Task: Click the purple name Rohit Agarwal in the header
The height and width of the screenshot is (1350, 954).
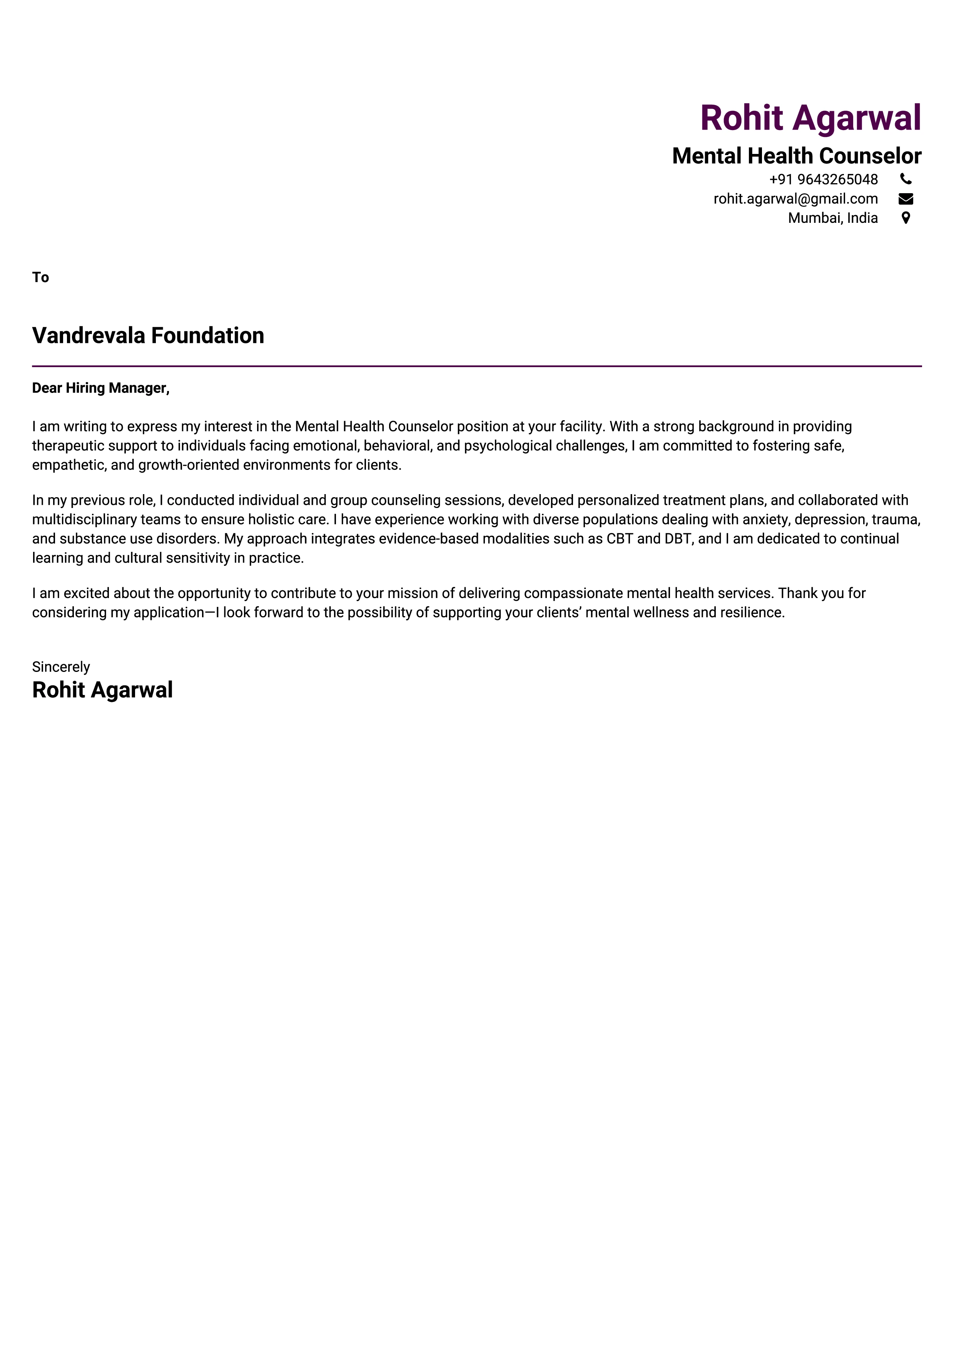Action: pyautogui.click(x=810, y=118)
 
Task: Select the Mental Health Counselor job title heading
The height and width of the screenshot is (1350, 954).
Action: pyautogui.click(x=797, y=156)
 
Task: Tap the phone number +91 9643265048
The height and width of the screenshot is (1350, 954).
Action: pyautogui.click(x=823, y=179)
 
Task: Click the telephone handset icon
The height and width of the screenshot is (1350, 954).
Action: pyautogui.click(x=906, y=179)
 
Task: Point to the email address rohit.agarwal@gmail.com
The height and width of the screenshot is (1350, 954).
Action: pyautogui.click(x=795, y=199)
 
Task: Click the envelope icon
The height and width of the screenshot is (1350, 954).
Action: pyautogui.click(x=906, y=199)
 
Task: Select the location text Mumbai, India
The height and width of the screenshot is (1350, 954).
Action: pyautogui.click(x=832, y=218)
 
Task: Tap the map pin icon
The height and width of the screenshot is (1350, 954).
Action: pyautogui.click(x=906, y=218)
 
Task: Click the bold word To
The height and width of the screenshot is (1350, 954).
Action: pyautogui.click(x=40, y=277)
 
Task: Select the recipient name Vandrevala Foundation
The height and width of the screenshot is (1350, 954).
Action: pyautogui.click(x=148, y=336)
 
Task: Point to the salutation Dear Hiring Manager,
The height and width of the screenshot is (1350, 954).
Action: pyautogui.click(x=100, y=388)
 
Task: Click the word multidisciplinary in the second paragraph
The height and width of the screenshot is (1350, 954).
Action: pyautogui.click(x=84, y=520)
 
